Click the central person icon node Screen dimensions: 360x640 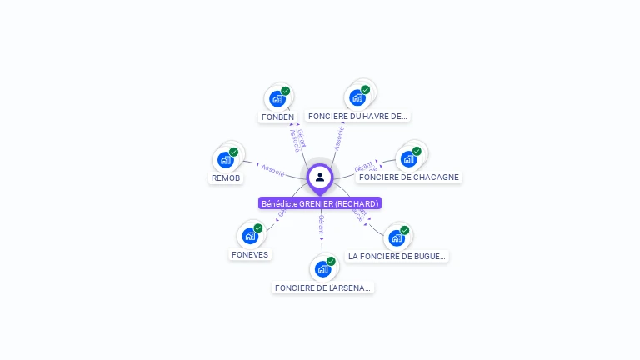(x=320, y=177)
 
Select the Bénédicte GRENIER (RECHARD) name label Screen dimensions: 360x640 (x=320, y=203)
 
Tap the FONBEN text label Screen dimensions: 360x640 (x=277, y=117)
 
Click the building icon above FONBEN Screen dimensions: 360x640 (x=277, y=99)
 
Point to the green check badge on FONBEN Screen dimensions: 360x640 (x=286, y=91)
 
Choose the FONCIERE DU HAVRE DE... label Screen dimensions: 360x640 (x=357, y=117)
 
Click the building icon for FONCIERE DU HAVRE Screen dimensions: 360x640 (x=357, y=97)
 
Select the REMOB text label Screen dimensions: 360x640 (x=226, y=177)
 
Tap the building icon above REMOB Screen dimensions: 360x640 (x=225, y=160)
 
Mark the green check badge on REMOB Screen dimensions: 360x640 (x=234, y=152)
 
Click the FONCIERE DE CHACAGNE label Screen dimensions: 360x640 (x=409, y=177)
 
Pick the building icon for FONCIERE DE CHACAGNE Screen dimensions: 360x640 (x=408, y=158)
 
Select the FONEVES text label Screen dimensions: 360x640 (x=250, y=254)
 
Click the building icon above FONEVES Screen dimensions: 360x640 (x=250, y=236)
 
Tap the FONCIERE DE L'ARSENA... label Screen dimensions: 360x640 (x=322, y=287)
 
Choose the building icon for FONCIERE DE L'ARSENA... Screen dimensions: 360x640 (x=322, y=269)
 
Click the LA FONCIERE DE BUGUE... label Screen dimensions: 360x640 (x=397, y=256)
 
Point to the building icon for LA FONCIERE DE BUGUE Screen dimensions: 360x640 (x=397, y=237)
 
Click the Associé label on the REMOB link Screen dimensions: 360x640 (x=272, y=170)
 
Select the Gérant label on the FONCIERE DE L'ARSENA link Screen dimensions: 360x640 (x=321, y=224)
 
